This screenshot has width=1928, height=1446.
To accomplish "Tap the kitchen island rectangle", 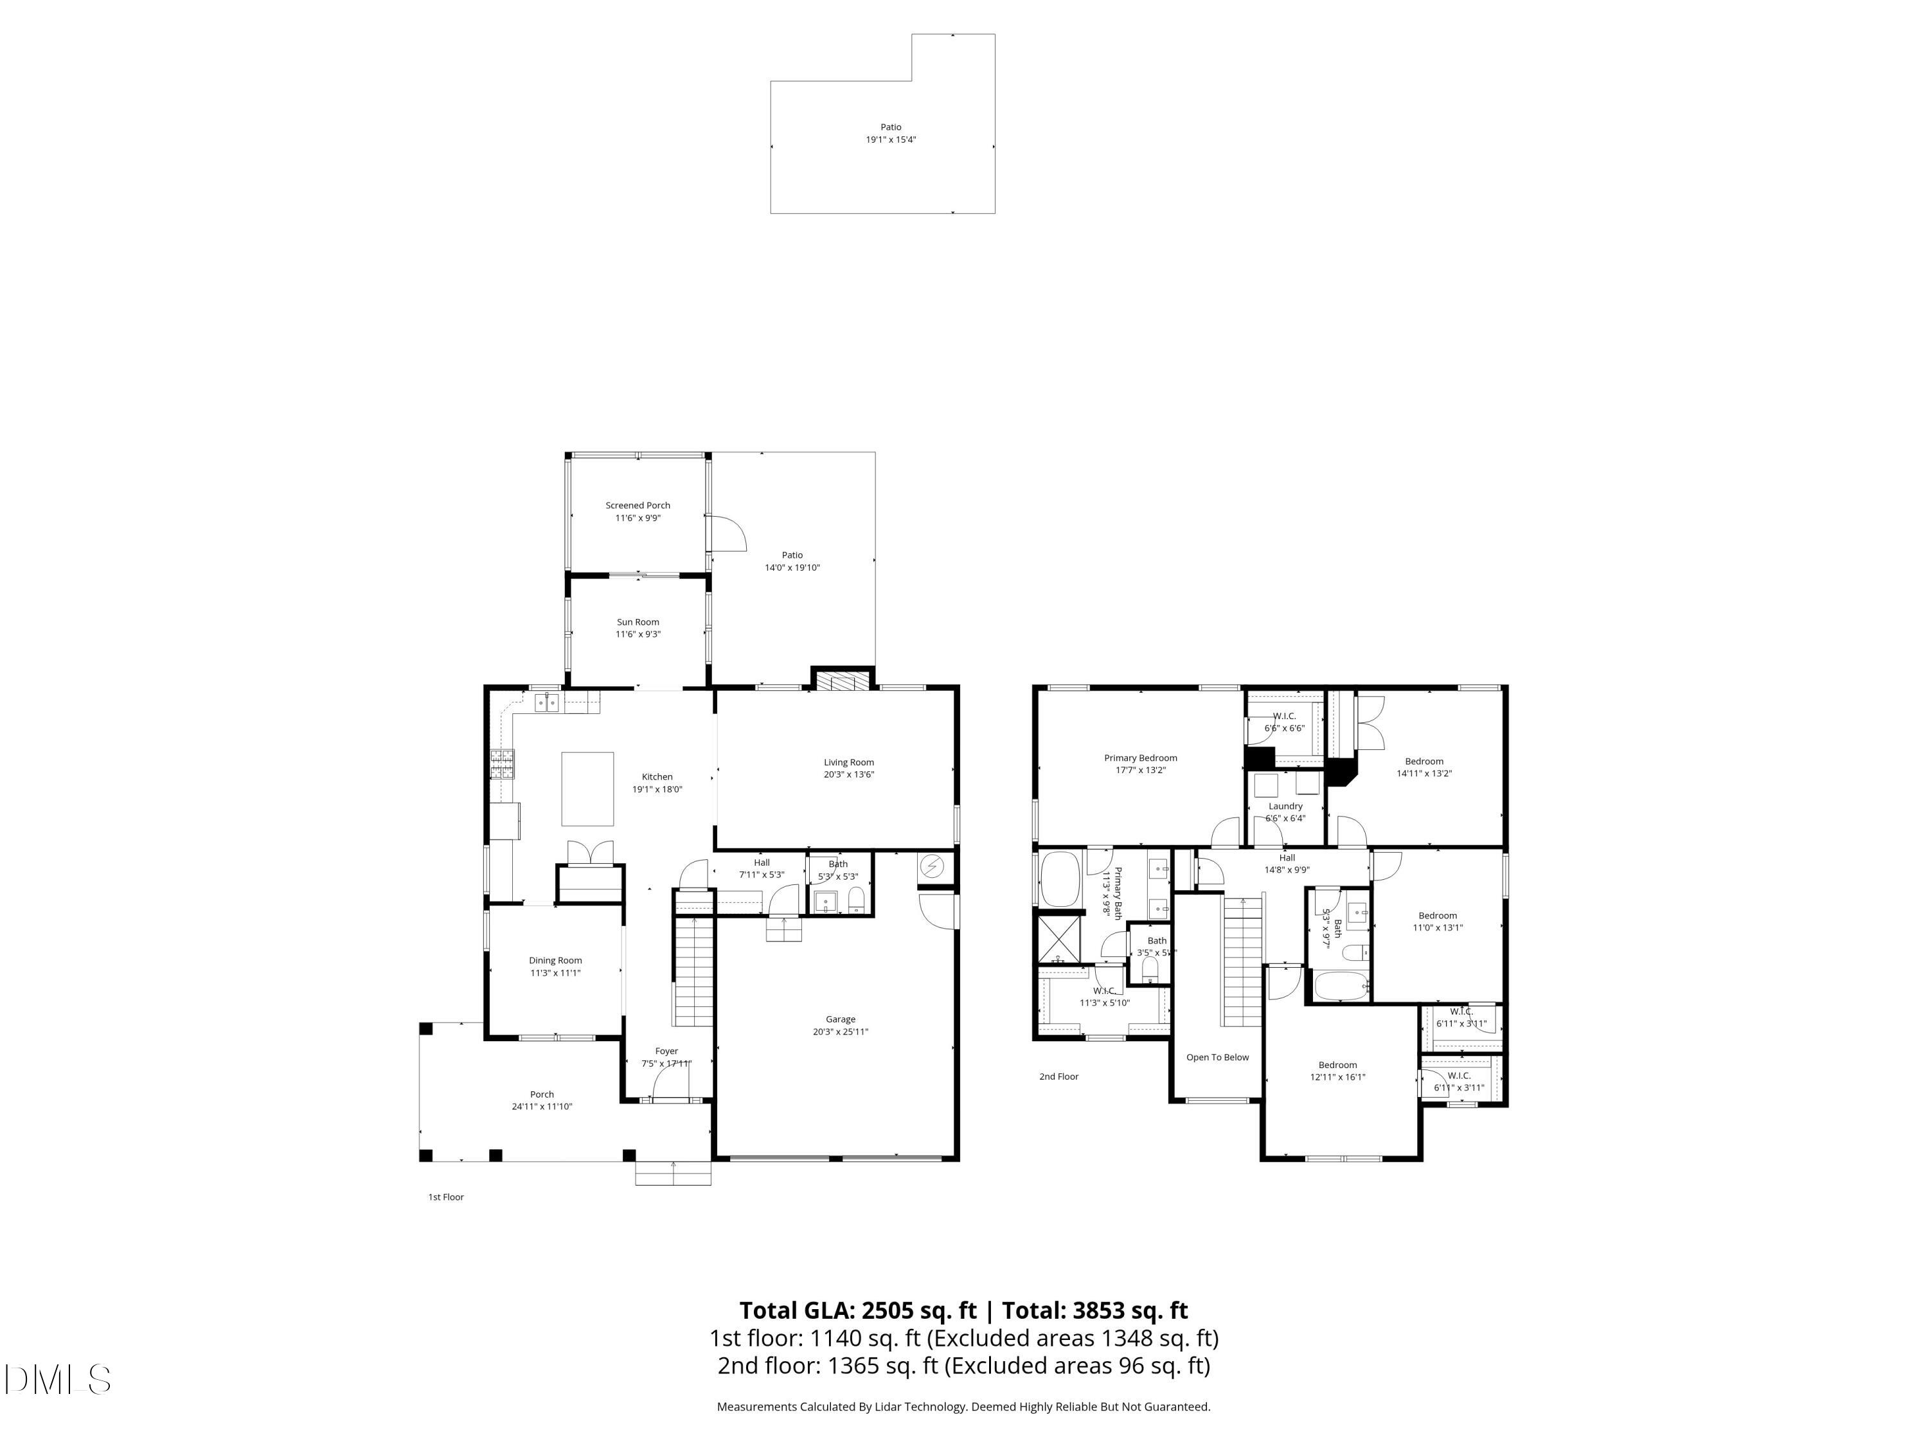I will (x=587, y=789).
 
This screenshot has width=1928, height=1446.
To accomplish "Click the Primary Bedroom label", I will (x=1140, y=758).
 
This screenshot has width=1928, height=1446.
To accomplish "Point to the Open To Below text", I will (x=1217, y=1057).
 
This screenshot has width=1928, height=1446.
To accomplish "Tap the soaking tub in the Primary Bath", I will (x=1060, y=879).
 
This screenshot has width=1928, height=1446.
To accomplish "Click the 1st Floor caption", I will (x=445, y=1197).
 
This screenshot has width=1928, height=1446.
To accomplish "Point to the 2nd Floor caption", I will (x=1058, y=1076).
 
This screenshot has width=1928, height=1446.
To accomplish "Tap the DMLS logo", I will (x=57, y=1380).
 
